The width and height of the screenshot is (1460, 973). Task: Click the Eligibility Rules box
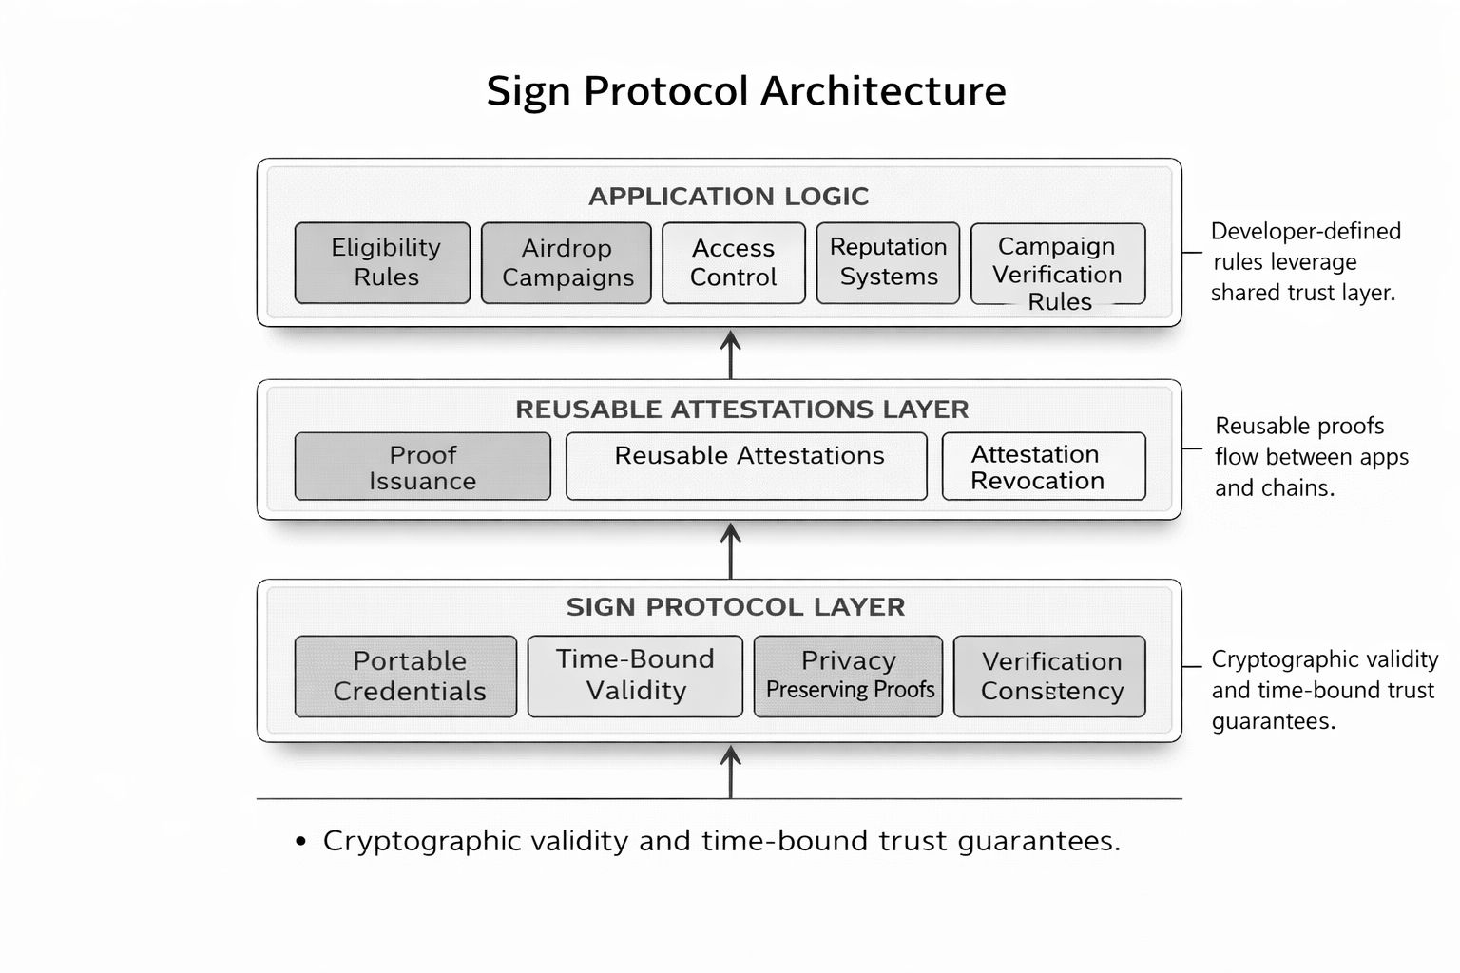pyautogui.click(x=382, y=263)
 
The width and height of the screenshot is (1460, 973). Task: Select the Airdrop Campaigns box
pyautogui.click(x=567, y=263)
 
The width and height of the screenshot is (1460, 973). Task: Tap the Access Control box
pyautogui.click(x=733, y=263)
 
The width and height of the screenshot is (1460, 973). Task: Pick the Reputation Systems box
pyautogui.click(x=888, y=263)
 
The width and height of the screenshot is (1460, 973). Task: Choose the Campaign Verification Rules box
pyautogui.click(x=1057, y=264)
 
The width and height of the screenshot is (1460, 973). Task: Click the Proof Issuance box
pyautogui.click(x=422, y=467)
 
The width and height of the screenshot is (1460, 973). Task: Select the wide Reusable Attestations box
pyautogui.click(x=746, y=467)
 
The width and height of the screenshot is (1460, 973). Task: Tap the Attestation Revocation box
pyautogui.click(x=1043, y=467)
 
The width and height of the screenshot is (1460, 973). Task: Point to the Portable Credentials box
pyautogui.click(x=406, y=677)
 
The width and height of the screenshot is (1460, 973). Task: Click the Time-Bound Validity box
pyautogui.click(x=635, y=677)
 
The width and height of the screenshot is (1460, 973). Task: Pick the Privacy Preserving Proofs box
pyautogui.click(x=848, y=677)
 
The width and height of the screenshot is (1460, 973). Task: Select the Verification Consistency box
pyautogui.click(x=1049, y=677)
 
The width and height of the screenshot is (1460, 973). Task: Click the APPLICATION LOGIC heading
pyautogui.click(x=728, y=197)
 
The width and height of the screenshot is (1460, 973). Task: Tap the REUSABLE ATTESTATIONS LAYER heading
pyautogui.click(x=741, y=410)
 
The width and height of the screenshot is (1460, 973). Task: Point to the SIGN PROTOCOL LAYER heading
pyautogui.click(x=735, y=607)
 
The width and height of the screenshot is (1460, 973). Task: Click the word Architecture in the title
pyautogui.click(x=883, y=91)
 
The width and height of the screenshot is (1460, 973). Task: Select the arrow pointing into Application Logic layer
pyautogui.click(x=730, y=353)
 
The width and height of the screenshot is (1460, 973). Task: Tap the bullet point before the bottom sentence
pyautogui.click(x=301, y=842)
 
